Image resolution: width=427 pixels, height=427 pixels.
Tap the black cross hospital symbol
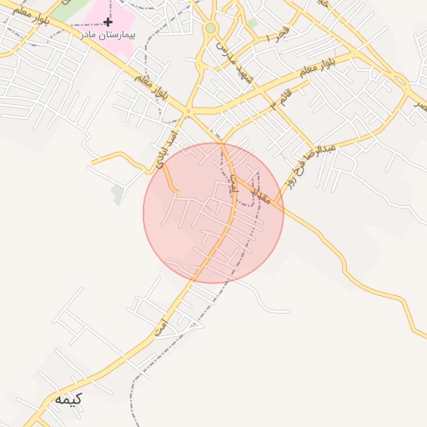pyautogui.click(x=108, y=21)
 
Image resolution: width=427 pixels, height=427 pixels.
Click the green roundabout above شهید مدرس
pyautogui.click(x=210, y=28)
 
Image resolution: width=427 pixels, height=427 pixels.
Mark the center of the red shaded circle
pyautogui.click(x=213, y=213)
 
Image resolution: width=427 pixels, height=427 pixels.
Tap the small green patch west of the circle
pyautogui.click(x=118, y=193)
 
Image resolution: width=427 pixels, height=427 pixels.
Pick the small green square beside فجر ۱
pyautogui.click(x=252, y=23)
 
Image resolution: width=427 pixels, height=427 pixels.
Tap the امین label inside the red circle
pyautogui.click(x=234, y=189)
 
